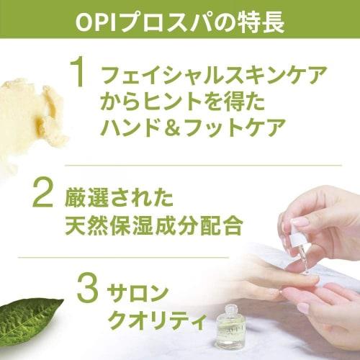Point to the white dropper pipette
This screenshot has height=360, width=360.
(x=300, y=245)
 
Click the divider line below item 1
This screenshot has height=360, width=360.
(x=180, y=165)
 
